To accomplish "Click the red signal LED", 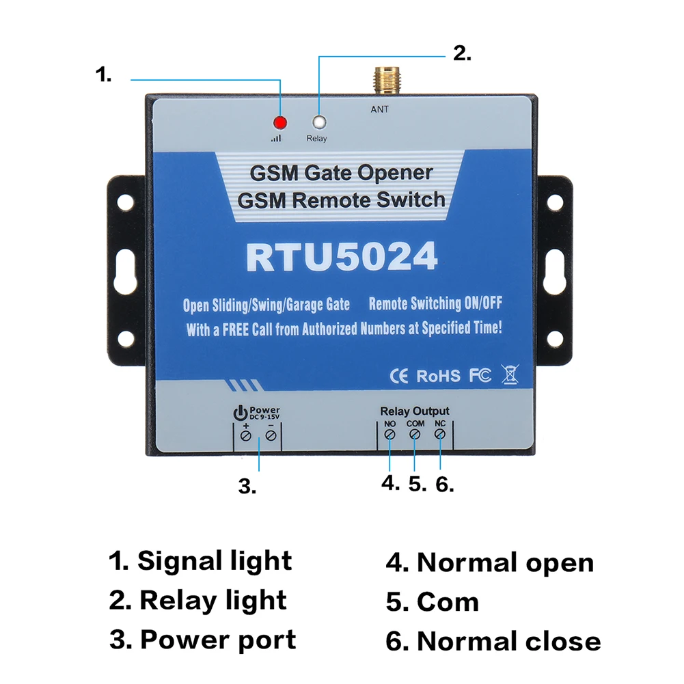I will (x=279, y=123).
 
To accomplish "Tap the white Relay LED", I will (x=318, y=123).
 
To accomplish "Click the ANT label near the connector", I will (x=380, y=109).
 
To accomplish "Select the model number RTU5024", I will (x=342, y=258).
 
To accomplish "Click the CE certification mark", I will (x=398, y=375).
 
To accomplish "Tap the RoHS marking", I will (x=438, y=376).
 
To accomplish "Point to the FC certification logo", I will (x=480, y=375).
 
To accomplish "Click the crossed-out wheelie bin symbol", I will (x=510, y=374).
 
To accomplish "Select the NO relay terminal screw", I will (x=389, y=435).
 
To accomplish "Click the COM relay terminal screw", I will (x=415, y=435).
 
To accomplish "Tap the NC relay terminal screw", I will (x=441, y=435).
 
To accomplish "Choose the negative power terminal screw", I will (x=271, y=435).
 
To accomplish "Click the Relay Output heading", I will (x=415, y=411).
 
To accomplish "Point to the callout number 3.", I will (x=247, y=487).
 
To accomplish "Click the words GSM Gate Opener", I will (x=341, y=173).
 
